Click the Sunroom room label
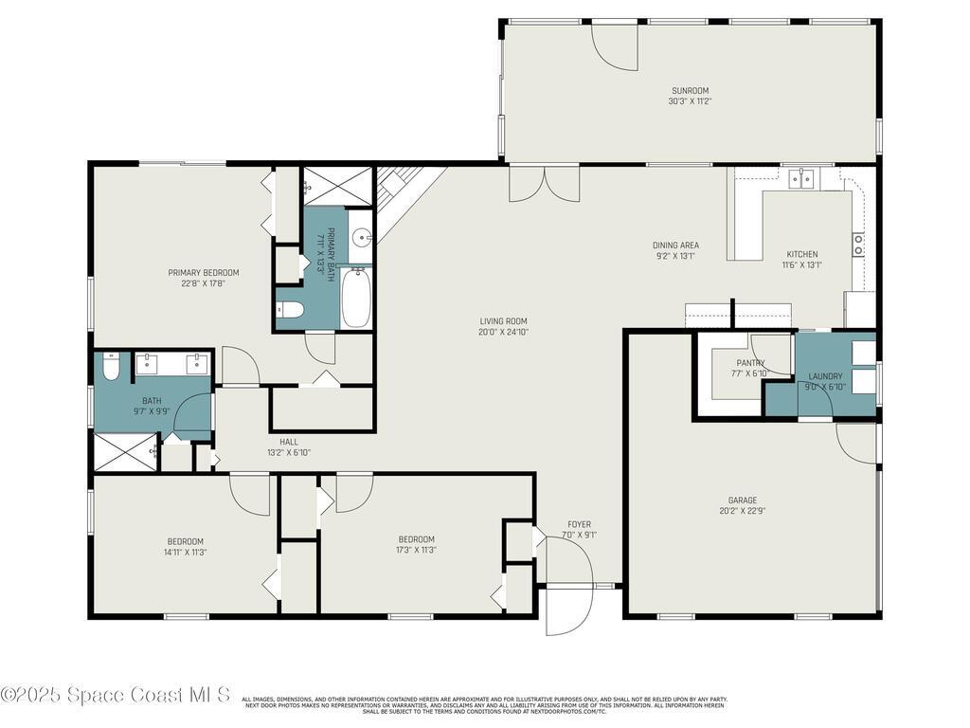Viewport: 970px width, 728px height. point(690,91)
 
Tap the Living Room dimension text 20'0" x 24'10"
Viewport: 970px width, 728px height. point(503,332)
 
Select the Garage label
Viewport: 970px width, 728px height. point(742,500)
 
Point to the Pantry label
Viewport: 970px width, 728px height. point(751,363)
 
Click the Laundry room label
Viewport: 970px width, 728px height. point(825,376)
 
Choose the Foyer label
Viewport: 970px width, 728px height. point(579,524)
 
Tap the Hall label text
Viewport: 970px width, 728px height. point(289,442)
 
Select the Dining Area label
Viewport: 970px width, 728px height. point(676,246)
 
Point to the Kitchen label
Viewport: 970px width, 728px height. point(802,254)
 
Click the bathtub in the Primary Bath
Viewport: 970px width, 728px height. point(356,298)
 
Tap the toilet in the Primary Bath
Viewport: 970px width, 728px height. point(289,309)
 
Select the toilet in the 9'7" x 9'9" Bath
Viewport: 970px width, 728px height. point(111,367)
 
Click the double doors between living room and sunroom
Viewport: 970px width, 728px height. point(544,183)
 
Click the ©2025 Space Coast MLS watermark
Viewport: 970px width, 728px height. point(115,695)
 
